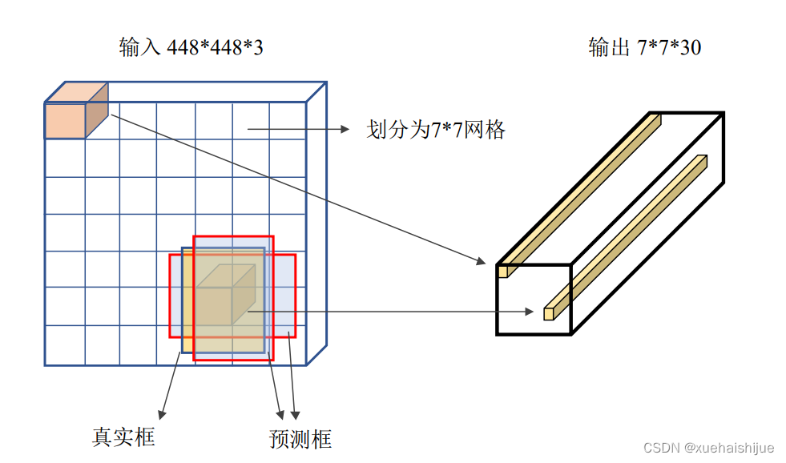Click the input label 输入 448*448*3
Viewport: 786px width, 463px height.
(191, 48)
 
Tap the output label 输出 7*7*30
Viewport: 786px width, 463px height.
(644, 48)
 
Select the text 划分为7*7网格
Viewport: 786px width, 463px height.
(436, 130)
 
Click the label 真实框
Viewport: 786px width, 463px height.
(123, 437)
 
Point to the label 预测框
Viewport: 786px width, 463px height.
(300, 439)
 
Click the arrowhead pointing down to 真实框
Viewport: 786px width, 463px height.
(163, 413)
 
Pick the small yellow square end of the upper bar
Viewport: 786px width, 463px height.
(503, 272)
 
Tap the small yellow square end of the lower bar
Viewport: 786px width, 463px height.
(549, 312)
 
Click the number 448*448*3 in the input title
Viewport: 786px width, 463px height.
(215, 48)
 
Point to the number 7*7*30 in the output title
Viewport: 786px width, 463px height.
(669, 48)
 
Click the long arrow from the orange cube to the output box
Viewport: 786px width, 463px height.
(296, 189)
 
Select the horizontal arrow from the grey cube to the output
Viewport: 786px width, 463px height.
(393, 311)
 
